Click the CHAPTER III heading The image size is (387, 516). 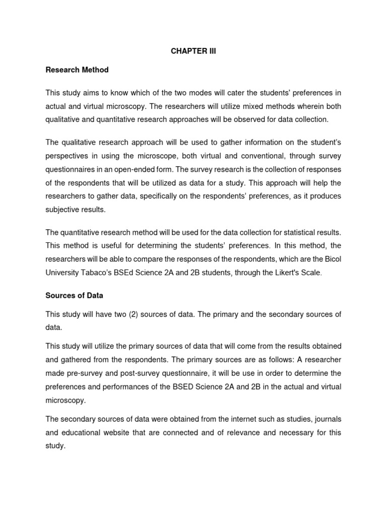(193, 51)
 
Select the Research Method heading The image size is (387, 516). (77, 70)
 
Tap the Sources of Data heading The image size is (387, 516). (74, 295)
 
